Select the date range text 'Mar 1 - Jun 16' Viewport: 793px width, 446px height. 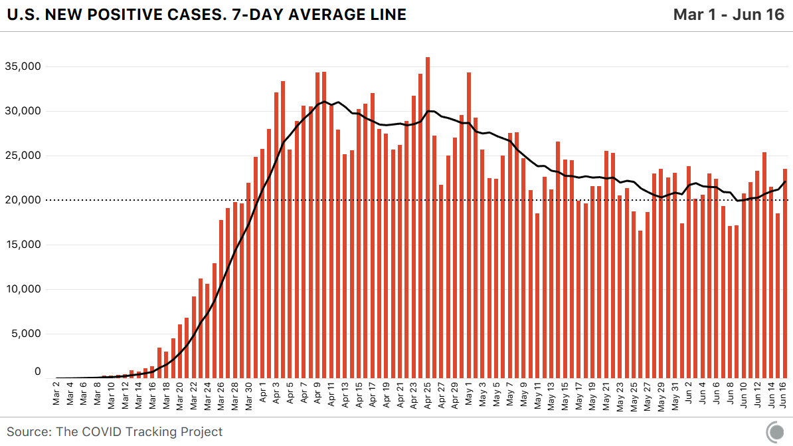729,15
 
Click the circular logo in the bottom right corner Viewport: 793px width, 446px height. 774,432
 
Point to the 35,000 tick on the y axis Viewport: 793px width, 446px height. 23,66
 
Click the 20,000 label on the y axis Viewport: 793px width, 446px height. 23,200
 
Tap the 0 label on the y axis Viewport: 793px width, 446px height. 37,372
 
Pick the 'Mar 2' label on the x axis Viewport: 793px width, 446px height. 56,392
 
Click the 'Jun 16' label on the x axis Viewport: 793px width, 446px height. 785,392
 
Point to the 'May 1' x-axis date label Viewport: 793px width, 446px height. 469,392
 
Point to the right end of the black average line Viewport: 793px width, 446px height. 786,181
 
